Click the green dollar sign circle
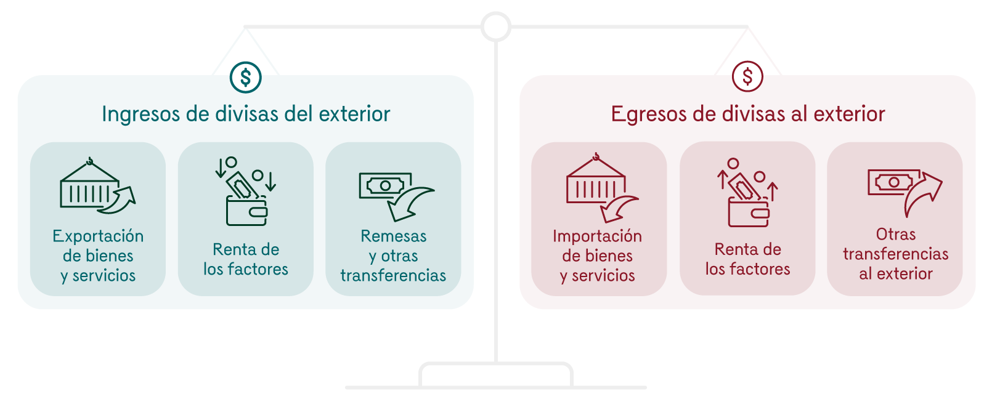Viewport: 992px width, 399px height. coord(245,77)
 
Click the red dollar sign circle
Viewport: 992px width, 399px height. coord(747,77)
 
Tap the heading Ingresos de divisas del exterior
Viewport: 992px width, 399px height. coord(246,114)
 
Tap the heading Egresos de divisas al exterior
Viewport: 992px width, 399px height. coord(747,114)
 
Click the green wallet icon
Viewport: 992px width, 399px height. coord(246,209)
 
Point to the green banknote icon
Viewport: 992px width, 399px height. coord(385,185)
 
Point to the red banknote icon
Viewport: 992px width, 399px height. coord(893,182)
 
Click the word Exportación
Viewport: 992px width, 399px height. coord(98,236)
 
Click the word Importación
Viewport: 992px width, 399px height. coord(597,236)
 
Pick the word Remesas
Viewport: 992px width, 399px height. coord(393,236)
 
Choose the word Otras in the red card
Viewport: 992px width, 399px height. coord(895,235)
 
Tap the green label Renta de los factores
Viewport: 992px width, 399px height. coord(246,259)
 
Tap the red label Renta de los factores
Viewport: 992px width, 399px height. coord(747,259)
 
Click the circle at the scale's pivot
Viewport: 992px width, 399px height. coord(496,26)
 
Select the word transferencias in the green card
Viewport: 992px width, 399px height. coord(393,275)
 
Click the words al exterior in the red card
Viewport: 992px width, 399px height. coord(895,274)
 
